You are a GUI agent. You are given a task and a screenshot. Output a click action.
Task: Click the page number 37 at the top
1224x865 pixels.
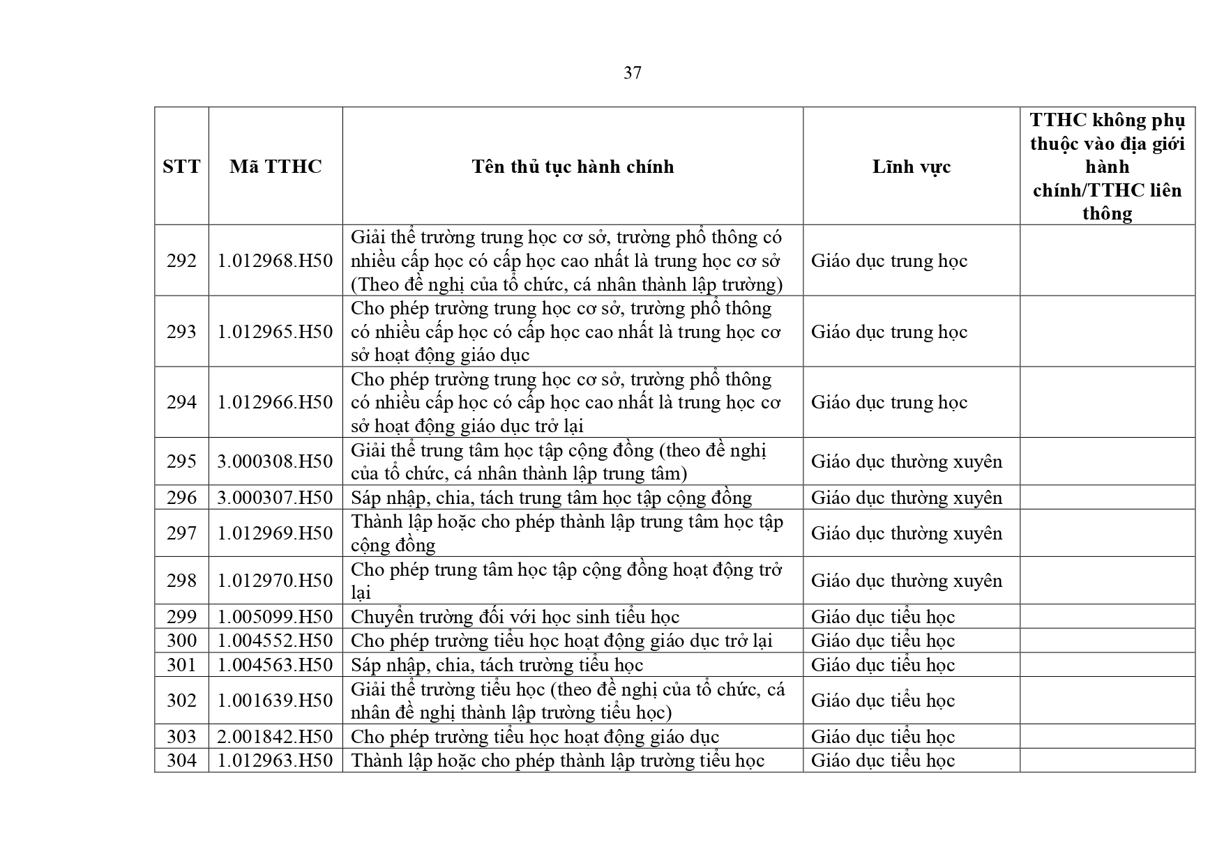point(632,72)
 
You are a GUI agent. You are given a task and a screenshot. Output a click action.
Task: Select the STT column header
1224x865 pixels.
point(181,167)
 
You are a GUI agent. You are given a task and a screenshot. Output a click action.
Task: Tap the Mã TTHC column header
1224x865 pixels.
point(275,167)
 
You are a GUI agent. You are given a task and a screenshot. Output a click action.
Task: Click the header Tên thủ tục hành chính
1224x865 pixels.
point(573,167)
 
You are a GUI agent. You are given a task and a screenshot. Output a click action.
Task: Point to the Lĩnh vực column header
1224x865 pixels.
point(911,167)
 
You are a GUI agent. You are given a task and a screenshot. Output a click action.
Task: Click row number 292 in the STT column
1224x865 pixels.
point(181,261)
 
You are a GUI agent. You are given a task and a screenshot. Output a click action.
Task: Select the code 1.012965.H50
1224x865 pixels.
point(275,332)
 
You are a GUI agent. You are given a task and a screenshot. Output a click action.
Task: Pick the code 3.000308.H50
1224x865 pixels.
point(275,461)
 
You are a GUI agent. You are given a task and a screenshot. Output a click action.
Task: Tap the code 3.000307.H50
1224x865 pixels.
point(275,498)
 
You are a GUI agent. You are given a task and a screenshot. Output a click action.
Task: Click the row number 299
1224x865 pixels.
point(181,617)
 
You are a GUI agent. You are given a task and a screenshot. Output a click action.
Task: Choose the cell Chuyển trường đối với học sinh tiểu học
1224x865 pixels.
point(515,617)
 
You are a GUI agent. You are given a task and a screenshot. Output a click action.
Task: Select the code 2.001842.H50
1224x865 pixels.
point(275,737)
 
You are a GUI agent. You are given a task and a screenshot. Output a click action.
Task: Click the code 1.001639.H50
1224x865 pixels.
point(275,701)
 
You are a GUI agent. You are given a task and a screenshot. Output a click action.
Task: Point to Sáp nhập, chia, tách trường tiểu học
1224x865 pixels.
point(497,665)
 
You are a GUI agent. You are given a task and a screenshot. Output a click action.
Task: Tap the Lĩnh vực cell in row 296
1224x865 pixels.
point(906,498)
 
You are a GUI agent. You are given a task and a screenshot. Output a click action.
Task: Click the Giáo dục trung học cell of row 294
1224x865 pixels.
point(889,402)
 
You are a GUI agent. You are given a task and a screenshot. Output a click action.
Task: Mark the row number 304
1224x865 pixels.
point(181,760)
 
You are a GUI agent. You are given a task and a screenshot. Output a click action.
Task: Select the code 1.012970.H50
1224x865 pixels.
point(275,581)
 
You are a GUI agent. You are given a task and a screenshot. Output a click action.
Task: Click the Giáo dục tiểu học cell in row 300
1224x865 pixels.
point(882,641)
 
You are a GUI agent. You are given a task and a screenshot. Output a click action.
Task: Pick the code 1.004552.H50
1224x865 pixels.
point(275,641)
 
